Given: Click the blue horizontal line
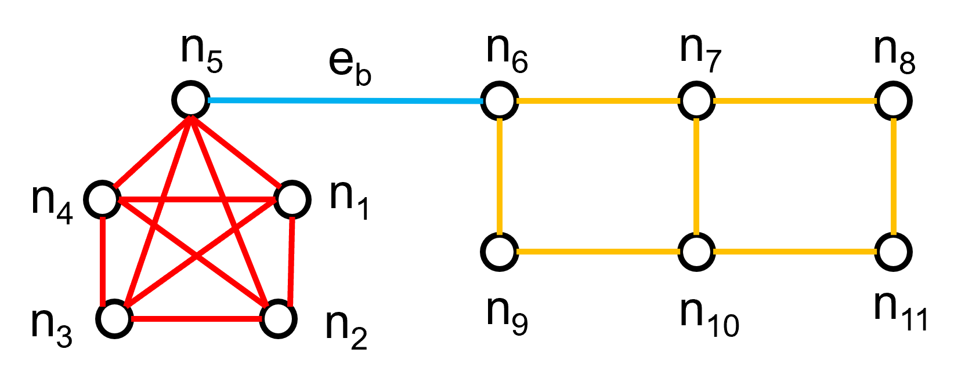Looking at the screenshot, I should click(345, 101).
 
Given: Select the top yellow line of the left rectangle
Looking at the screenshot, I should click(598, 101).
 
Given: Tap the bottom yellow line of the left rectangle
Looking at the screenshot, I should click(598, 252).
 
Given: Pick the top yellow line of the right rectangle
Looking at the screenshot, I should click(794, 101).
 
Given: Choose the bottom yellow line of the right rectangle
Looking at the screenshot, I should click(794, 252).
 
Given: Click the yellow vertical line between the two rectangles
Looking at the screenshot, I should click(696, 177).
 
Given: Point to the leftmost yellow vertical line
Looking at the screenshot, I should click(500, 177).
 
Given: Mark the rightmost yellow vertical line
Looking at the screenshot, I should click(894, 177).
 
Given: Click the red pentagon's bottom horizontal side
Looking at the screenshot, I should click(196, 319).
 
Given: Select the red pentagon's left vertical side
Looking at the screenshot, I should click(103, 261).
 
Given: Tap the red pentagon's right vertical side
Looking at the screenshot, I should click(291, 261).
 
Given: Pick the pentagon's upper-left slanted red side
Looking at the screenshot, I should click(152, 152).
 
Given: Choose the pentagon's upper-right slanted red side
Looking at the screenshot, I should click(236, 152).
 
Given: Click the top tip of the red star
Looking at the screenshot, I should click(191, 119).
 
